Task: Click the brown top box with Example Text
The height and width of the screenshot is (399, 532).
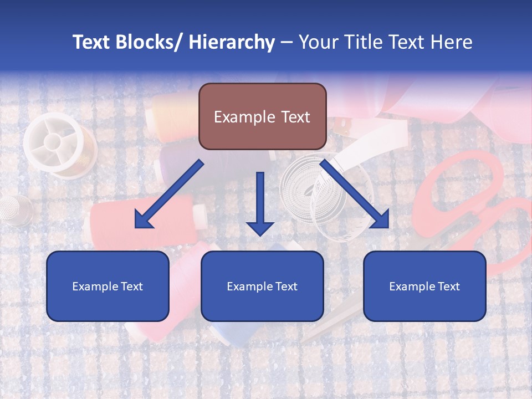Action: [x=262, y=116]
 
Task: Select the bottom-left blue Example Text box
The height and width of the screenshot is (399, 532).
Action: [x=108, y=286]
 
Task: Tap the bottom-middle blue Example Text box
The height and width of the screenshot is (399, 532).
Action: [x=262, y=286]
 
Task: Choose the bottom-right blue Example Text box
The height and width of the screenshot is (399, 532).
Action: [x=424, y=286]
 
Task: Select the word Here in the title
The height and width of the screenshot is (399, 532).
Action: [x=451, y=42]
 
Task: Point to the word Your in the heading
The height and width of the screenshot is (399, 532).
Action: [x=318, y=42]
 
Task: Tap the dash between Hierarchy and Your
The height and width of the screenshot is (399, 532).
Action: [x=287, y=42]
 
